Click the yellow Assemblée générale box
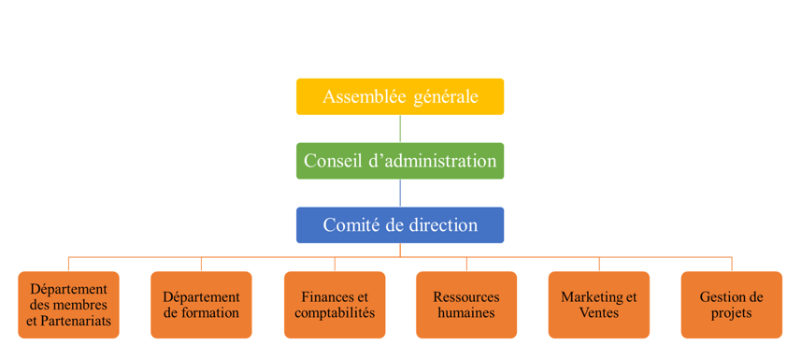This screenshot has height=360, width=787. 400,96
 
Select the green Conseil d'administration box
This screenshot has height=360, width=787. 400,161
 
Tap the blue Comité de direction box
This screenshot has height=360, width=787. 400,225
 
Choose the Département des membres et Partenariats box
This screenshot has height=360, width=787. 68,305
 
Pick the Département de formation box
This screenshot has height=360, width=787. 201,305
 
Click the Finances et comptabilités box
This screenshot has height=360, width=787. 335,305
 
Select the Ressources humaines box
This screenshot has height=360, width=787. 466,305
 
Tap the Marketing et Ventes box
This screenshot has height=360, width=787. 598,305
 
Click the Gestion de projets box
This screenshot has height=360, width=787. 731,305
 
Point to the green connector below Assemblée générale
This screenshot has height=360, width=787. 400,129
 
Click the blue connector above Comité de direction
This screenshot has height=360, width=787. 400,194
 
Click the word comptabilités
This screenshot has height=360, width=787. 335,313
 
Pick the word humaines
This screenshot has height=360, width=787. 466,313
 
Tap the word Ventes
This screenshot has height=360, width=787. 598,313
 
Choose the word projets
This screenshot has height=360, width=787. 731,313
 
